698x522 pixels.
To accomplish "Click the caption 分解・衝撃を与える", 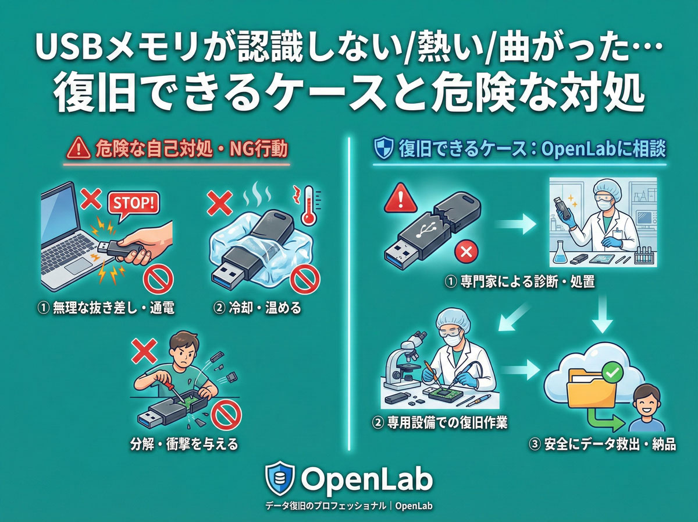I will coord(185,445).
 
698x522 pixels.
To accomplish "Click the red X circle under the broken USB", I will coord(465,252).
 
